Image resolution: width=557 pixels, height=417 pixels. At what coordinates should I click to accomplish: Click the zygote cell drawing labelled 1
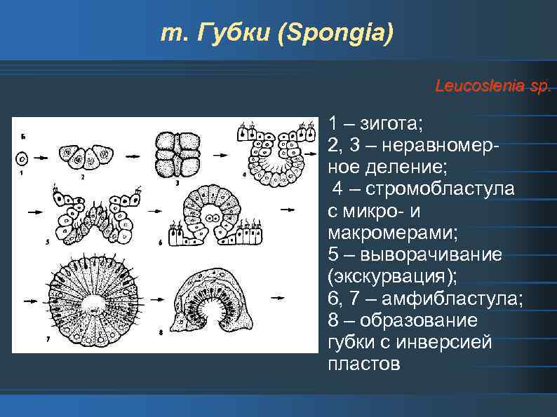coord(23,159)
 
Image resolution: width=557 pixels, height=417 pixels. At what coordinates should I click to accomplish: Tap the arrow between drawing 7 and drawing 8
coord(152,299)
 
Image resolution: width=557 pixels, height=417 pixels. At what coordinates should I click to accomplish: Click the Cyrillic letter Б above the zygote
coord(23,136)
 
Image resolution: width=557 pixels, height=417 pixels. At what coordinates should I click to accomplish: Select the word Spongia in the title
coord(333,33)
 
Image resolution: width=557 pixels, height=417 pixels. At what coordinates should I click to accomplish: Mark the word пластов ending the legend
coord(363,364)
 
